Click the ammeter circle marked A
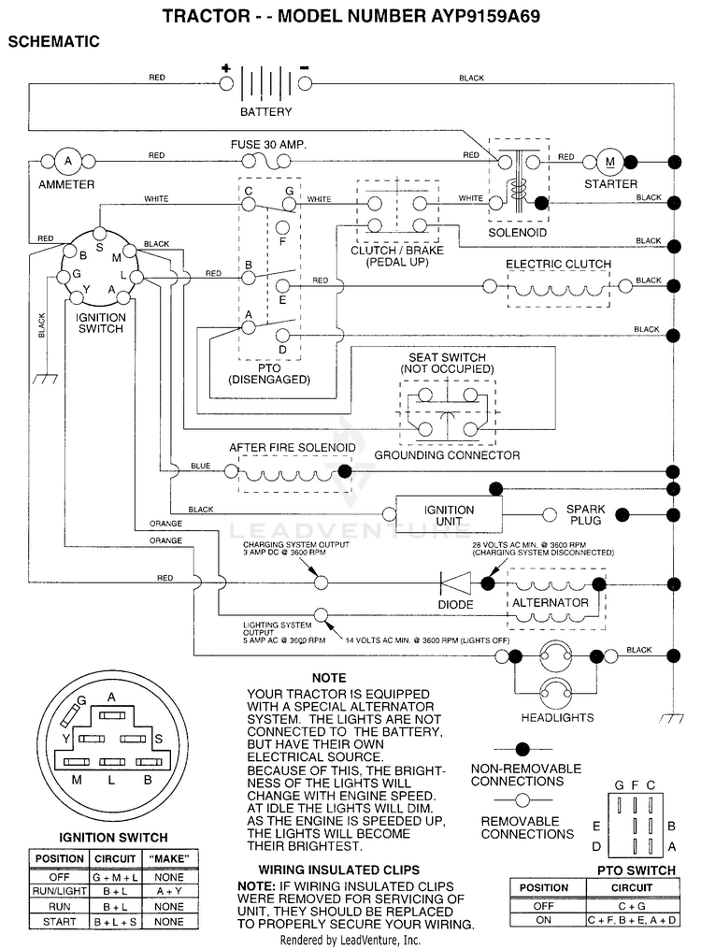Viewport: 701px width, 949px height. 67,162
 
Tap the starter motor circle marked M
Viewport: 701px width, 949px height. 609,162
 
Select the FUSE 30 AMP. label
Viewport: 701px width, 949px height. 268,145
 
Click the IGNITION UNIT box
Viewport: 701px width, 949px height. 449,515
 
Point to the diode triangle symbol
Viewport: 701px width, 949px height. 455,583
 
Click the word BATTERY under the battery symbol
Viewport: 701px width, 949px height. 265,112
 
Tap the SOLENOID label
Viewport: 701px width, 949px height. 517,233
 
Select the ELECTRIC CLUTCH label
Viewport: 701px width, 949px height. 558,264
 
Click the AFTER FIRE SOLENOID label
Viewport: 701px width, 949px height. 293,447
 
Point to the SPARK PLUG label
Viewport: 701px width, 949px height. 585,514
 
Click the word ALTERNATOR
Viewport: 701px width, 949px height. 550,603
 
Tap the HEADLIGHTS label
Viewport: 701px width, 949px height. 557,718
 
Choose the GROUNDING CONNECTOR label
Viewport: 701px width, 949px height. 447,455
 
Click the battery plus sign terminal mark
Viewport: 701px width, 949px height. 225,67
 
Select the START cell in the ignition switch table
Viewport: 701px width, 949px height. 59,922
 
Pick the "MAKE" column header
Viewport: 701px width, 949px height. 169,859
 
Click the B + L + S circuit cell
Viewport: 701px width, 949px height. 115,922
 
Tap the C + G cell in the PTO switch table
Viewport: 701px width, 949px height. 632,906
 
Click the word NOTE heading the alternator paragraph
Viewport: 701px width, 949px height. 329,678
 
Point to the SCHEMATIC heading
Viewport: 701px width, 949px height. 54,42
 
